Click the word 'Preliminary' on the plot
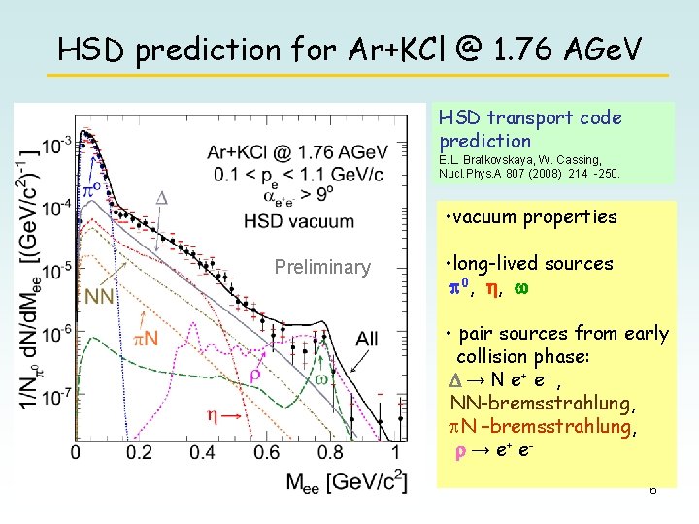click(x=322, y=267)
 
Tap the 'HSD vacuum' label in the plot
click(x=299, y=220)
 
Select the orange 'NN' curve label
click(x=101, y=296)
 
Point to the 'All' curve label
click(x=367, y=338)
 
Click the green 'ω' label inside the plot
click(x=321, y=378)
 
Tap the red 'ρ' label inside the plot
click(x=256, y=374)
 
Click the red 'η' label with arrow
click(x=222, y=414)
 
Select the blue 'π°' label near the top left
click(x=91, y=187)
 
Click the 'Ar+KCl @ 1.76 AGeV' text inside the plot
click(x=297, y=152)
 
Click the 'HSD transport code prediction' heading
click(x=530, y=129)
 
